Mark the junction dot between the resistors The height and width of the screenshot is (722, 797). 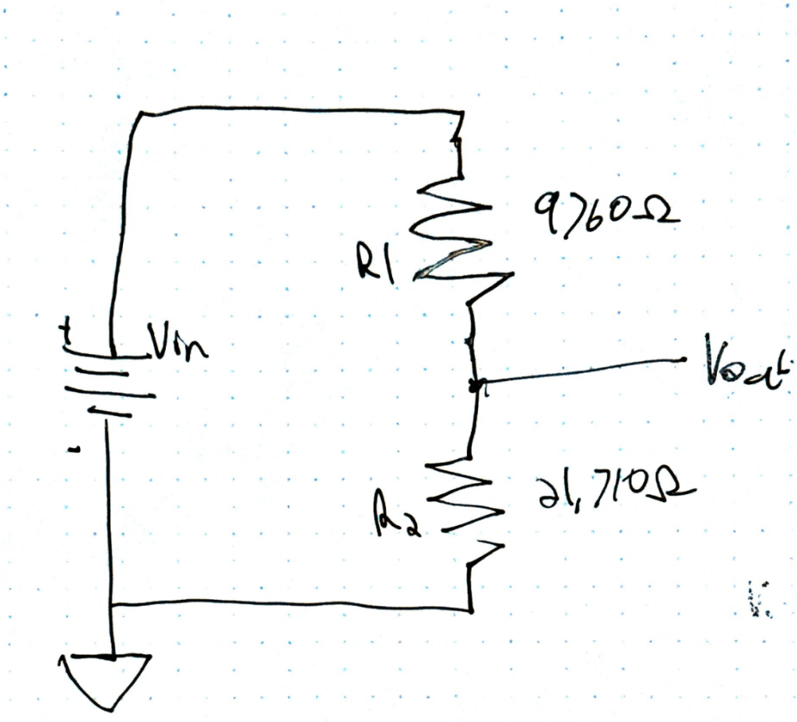pyautogui.click(x=474, y=382)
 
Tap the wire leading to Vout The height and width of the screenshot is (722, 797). pyautogui.click(x=584, y=370)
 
